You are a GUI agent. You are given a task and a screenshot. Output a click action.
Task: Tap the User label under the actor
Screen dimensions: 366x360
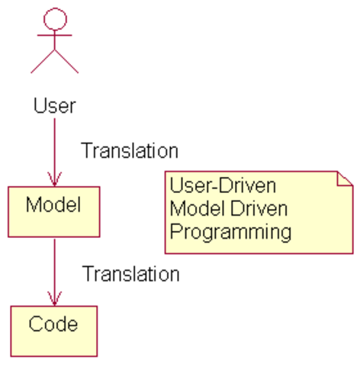(55, 104)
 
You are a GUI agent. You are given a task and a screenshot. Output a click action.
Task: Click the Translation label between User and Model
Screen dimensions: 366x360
(130, 151)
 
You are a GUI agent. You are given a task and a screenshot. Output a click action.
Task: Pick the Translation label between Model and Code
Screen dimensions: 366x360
(130, 274)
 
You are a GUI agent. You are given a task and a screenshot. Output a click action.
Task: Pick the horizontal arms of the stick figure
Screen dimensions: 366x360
(54, 35)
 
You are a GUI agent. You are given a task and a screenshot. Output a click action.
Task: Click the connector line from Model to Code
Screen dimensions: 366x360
(54, 267)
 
